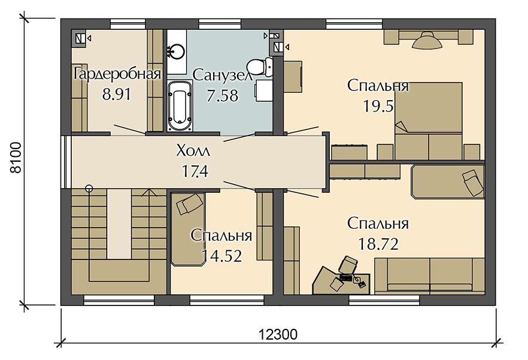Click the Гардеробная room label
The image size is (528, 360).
pyautogui.click(x=117, y=74)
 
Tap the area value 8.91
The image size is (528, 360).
pyautogui.click(x=117, y=95)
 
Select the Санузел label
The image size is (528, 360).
pyautogui.click(x=223, y=75)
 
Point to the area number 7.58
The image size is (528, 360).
pyautogui.click(x=222, y=96)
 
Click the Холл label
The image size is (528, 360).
pyautogui.click(x=193, y=151)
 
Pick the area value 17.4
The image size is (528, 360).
pyautogui.click(x=195, y=171)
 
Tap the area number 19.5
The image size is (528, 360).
pyautogui.click(x=378, y=107)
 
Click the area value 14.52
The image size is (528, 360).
pyautogui.click(x=222, y=256)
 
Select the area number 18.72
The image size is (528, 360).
pyautogui.click(x=378, y=244)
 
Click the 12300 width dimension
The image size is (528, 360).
pyautogui.click(x=278, y=335)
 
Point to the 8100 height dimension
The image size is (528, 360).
pyautogui.click(x=16, y=158)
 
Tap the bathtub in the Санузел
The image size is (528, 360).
pyautogui.click(x=180, y=105)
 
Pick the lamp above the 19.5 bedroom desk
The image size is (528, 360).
pyautogui.click(x=427, y=41)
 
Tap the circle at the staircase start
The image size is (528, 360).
pyautogui.click(x=89, y=189)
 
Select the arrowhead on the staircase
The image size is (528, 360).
pyautogui.click(x=148, y=192)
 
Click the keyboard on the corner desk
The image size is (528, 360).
pyautogui.click(x=346, y=278)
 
